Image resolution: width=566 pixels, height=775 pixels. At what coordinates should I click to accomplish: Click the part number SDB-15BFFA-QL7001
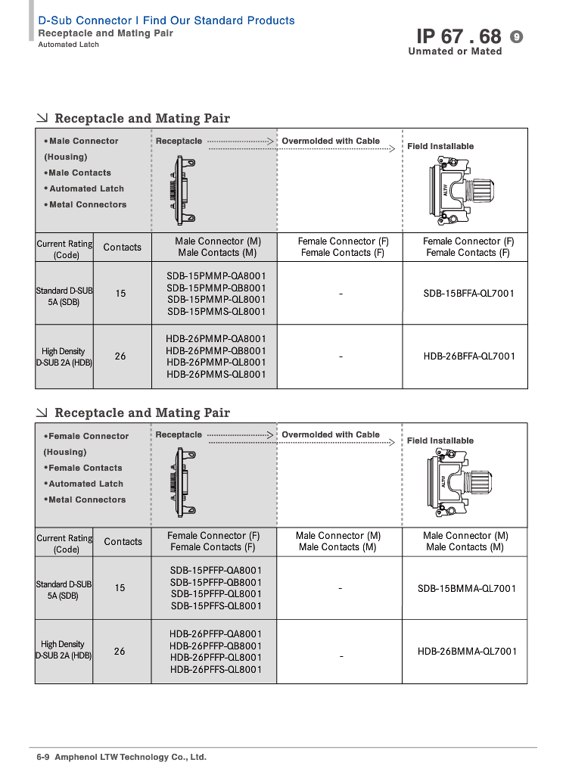(x=468, y=293)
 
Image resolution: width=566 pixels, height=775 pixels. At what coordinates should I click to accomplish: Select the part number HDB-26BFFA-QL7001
(x=469, y=356)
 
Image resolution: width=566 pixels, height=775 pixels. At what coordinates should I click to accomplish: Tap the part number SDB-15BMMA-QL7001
(x=467, y=588)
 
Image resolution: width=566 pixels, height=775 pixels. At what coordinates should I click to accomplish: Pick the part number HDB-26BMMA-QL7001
(x=467, y=651)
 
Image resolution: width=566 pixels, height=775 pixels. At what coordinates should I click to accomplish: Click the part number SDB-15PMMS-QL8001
(x=216, y=311)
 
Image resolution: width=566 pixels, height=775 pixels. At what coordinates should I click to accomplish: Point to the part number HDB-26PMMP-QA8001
(x=216, y=338)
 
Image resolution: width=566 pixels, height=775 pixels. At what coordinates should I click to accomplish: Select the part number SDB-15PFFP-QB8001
(x=216, y=582)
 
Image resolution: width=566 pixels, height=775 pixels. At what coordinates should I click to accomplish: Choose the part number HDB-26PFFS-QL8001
(x=216, y=669)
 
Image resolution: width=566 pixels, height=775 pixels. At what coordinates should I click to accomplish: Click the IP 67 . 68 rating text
(x=459, y=36)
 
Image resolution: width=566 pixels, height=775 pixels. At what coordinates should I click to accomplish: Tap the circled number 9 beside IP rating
(x=517, y=36)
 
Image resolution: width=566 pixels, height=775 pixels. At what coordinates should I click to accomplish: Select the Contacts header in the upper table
(x=123, y=247)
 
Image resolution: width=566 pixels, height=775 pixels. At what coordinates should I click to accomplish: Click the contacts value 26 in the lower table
(x=120, y=651)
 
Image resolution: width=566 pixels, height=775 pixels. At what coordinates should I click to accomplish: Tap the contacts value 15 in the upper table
(x=120, y=293)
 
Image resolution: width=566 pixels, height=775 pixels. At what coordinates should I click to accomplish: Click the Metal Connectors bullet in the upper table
(x=86, y=204)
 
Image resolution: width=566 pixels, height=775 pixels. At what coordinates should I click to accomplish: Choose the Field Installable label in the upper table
(x=440, y=146)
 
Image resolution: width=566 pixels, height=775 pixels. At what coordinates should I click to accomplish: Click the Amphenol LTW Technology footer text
(x=130, y=757)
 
